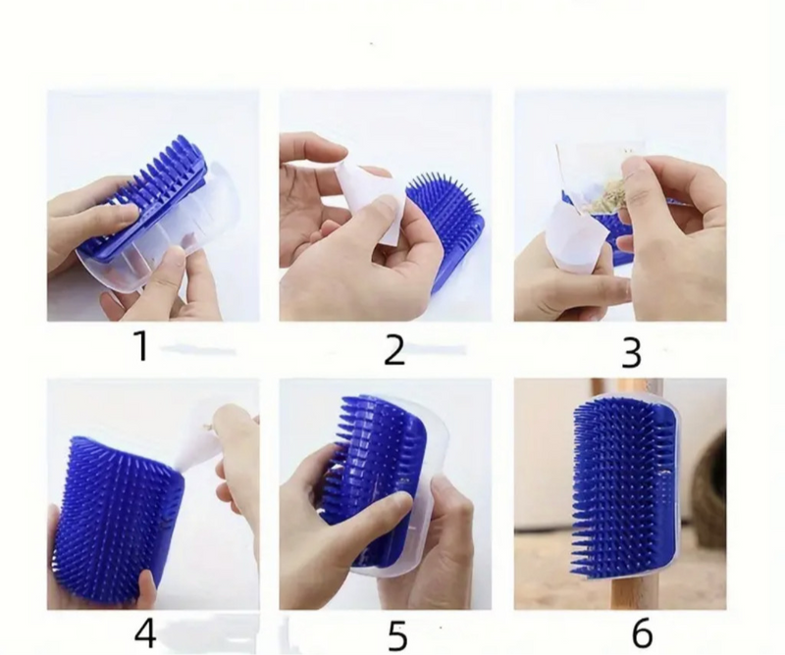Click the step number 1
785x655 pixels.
pos(142,346)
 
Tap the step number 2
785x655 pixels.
pos(394,350)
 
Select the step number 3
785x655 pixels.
pos(631,353)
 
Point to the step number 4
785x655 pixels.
pos(145,632)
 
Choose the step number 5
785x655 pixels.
pos(397,635)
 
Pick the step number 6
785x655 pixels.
pos(642,632)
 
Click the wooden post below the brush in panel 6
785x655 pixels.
pos(627,593)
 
